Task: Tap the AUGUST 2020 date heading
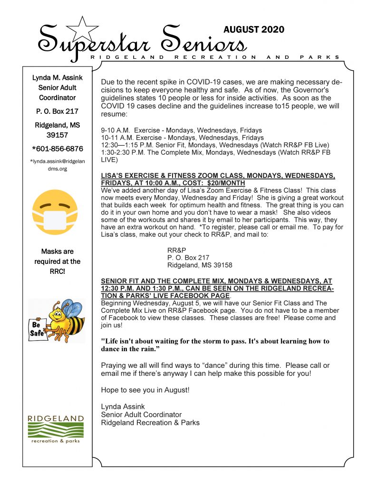click(x=254, y=29)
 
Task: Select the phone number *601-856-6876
click(x=57, y=149)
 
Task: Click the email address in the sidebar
click(x=57, y=165)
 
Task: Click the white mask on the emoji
click(x=57, y=223)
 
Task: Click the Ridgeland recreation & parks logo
click(x=56, y=429)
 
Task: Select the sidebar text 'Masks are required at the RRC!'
click(x=57, y=261)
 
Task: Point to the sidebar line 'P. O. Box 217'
click(x=57, y=112)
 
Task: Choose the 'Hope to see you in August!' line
click(x=145, y=390)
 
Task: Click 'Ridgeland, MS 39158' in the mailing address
click(x=200, y=265)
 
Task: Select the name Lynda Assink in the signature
click(x=123, y=407)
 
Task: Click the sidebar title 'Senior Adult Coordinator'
click(x=57, y=93)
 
